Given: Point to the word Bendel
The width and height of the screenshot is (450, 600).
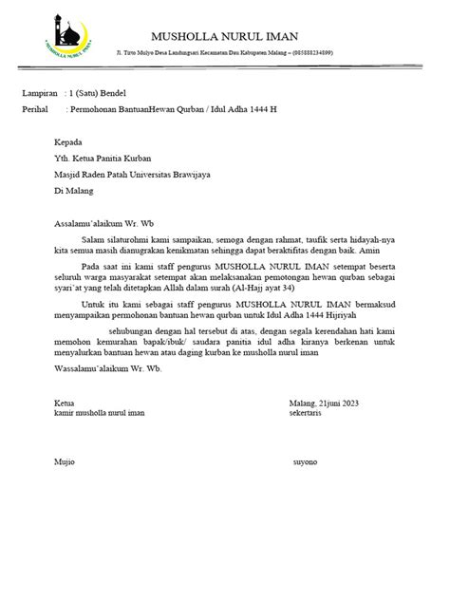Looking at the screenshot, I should click(x=110, y=95).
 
